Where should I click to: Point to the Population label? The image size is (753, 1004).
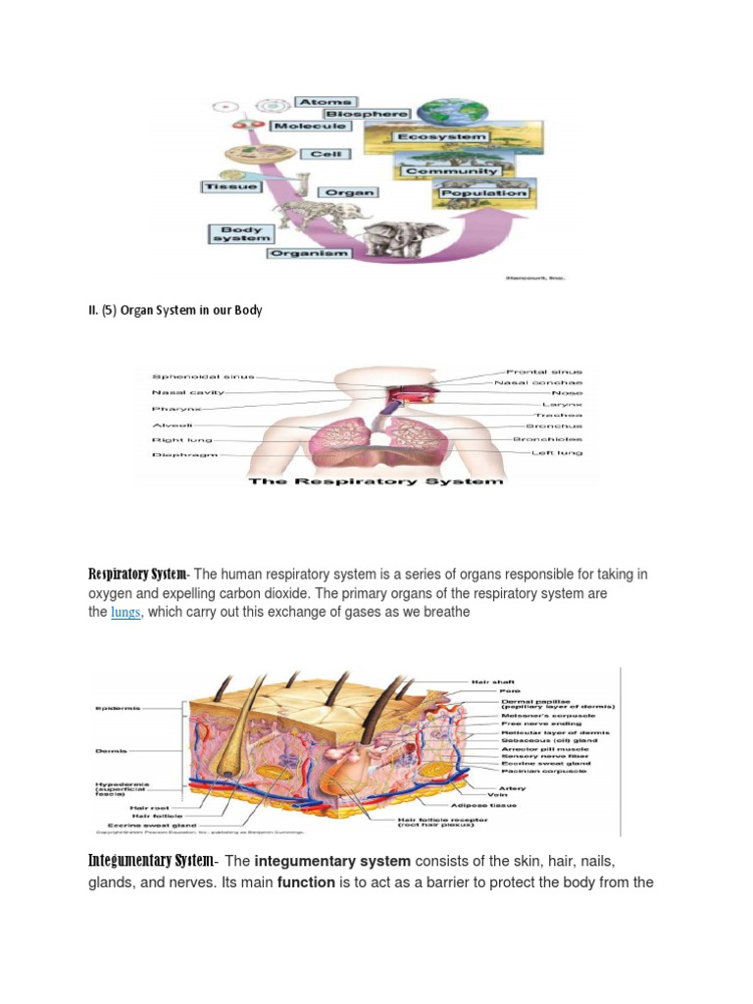(483, 193)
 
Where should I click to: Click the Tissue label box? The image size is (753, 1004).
(230, 186)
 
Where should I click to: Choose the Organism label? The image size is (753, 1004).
(310, 253)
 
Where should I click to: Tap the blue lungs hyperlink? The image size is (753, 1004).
(125, 613)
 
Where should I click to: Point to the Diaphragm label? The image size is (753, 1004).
(178, 455)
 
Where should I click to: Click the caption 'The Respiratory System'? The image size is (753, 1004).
(376, 480)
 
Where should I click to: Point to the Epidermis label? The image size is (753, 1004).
(118, 707)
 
